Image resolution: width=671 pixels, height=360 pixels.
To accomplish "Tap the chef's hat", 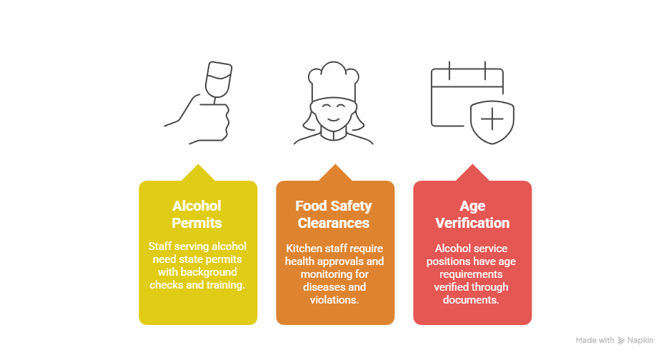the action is pos(334,81).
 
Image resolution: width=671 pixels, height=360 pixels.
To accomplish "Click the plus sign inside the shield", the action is pos(492,119).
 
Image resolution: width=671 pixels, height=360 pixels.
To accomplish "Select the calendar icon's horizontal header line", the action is pos(467,87).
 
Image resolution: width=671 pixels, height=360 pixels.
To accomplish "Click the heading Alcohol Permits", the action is pos(197,214).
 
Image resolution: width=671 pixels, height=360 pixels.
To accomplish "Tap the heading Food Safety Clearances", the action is pos(334,214).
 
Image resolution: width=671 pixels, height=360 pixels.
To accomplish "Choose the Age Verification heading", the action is pos(472,214).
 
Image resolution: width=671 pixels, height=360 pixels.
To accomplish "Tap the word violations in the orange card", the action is pos(334,300).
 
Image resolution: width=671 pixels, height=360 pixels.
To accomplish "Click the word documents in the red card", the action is pos(471,300).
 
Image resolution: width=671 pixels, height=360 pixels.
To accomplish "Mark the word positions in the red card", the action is pos(447,261).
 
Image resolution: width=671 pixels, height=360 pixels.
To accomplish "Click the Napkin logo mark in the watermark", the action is pos(621,340).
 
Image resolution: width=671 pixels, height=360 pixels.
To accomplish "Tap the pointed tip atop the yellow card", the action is pos(198,164).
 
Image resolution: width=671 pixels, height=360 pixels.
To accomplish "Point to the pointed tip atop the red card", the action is pos(472,164).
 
